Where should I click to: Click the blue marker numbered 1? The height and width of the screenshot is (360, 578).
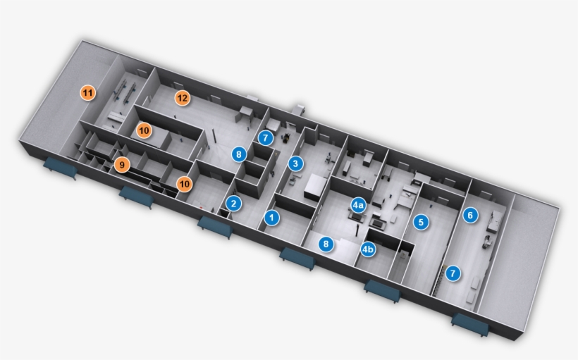point(271,218)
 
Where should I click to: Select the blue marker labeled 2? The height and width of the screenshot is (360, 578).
point(233,203)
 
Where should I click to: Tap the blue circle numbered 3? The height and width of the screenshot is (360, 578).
point(295,163)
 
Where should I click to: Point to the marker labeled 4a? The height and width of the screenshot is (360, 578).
point(358,205)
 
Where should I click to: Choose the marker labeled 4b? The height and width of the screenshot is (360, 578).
point(367,249)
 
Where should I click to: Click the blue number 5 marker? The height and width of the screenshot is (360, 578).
point(421,222)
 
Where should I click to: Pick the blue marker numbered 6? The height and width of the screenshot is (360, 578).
point(470,215)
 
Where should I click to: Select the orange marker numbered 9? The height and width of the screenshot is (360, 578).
point(122,165)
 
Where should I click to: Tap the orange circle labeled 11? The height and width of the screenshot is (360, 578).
point(87,93)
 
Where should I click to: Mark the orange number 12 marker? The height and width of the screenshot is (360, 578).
point(182,98)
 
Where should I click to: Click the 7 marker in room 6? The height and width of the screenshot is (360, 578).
point(453,273)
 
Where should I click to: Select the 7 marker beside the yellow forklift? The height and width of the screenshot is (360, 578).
point(266,138)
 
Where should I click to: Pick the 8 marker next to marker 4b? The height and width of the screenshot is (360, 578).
point(326,244)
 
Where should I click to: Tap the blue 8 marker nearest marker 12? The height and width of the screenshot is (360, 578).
point(239,154)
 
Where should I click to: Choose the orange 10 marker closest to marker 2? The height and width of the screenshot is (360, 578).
point(185,184)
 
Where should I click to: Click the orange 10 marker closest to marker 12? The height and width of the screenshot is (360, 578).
point(144,130)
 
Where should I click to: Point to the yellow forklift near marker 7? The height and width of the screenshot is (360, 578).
point(285,138)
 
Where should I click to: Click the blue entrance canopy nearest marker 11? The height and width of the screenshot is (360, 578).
point(61,167)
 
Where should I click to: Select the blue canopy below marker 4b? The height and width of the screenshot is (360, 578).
point(382,291)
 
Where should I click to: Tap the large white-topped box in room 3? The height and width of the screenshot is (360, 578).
point(316,187)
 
